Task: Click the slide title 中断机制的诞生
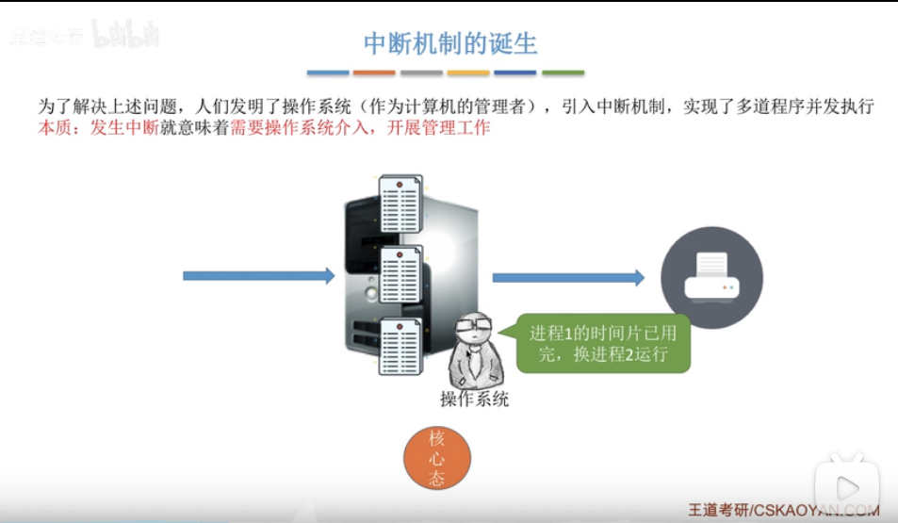tap(449, 43)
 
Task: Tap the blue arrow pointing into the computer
tap(258, 276)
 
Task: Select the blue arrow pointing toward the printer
tap(568, 277)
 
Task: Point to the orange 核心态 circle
tap(436, 458)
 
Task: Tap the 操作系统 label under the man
tap(475, 399)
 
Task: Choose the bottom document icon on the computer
tap(400, 346)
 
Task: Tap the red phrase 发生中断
tap(123, 128)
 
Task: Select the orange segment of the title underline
tap(375, 73)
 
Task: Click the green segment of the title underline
tap(563, 73)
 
